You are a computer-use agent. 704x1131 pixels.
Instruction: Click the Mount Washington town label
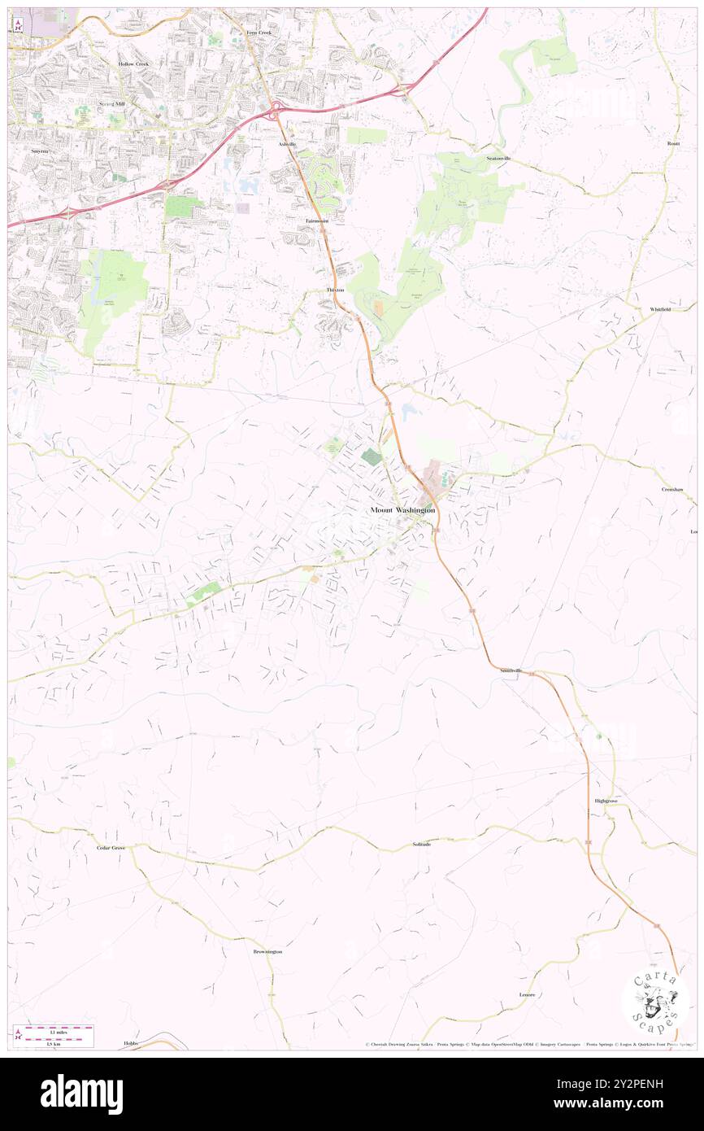click(402, 510)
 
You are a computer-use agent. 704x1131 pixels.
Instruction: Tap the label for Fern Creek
click(258, 33)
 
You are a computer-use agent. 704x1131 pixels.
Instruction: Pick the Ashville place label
click(287, 144)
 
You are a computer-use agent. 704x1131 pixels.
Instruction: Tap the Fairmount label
click(317, 221)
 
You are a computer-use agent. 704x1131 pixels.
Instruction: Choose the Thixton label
click(335, 290)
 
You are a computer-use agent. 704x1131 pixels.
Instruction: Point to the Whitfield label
click(660, 310)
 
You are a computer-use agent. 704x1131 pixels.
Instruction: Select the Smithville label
click(511, 670)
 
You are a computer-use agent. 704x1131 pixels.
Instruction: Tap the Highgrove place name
click(606, 801)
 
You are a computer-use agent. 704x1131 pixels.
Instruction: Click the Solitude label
click(421, 845)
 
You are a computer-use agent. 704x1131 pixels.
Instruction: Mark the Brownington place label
click(267, 951)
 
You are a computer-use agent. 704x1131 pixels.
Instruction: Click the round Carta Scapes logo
click(655, 1003)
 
